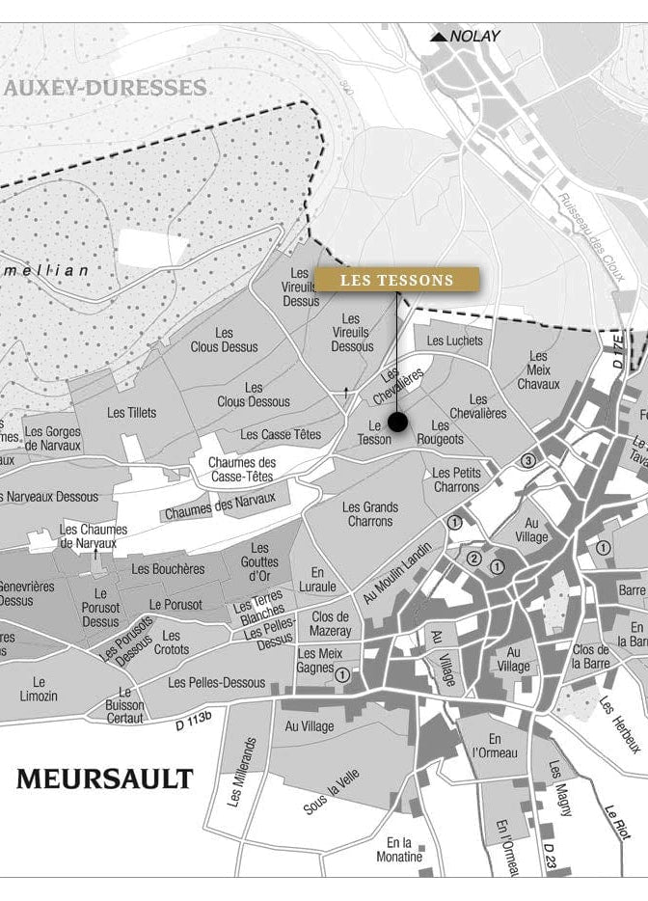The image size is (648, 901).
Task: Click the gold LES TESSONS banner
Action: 396,280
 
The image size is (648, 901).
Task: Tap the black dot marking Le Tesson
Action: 397,422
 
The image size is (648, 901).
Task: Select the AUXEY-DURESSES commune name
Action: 105,88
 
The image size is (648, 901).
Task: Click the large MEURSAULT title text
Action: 104,778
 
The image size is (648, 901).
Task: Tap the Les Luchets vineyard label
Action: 454,341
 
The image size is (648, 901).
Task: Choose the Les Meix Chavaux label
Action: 538,370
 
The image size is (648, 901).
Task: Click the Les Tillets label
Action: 131,413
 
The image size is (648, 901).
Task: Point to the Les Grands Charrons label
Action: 370,514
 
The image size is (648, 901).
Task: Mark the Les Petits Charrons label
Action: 456,479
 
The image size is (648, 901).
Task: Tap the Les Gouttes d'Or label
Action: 260,561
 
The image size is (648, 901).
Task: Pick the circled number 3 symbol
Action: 528,461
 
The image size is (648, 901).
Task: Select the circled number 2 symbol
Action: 474,559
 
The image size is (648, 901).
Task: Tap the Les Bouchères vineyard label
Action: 168,569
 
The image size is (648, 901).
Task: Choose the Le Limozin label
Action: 39,689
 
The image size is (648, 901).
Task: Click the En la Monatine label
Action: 398,850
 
